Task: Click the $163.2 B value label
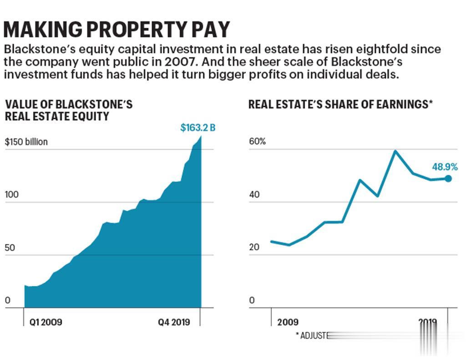[x=198, y=128]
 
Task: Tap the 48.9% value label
[x=445, y=167]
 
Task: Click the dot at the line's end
[x=448, y=179]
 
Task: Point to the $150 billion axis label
[x=26, y=142]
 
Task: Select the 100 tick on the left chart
[x=11, y=195]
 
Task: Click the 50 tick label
[x=9, y=248]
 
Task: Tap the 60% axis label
[x=257, y=142]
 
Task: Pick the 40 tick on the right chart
[x=254, y=195]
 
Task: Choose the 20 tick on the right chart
[x=254, y=248]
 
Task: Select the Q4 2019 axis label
[x=179, y=322]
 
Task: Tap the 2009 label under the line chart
[x=288, y=322]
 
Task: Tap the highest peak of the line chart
[x=395, y=151]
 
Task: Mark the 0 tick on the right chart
[x=252, y=301]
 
